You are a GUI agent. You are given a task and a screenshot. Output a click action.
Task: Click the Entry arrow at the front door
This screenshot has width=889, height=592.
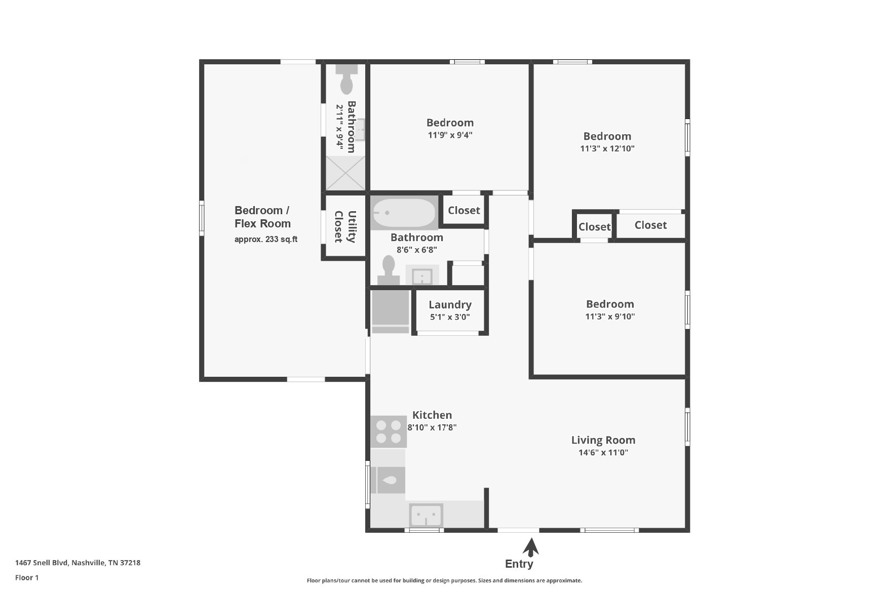(x=531, y=547)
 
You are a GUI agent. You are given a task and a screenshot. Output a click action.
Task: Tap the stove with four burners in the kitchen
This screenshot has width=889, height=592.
(x=389, y=431)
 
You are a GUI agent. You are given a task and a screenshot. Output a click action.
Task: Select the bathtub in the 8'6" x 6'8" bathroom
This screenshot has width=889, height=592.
(x=404, y=213)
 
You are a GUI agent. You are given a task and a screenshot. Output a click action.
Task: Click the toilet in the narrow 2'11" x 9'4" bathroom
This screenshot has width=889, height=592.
(x=346, y=79)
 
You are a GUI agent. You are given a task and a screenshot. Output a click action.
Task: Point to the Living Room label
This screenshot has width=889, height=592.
(x=603, y=440)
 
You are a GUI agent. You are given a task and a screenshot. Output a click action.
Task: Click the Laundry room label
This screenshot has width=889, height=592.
(x=450, y=304)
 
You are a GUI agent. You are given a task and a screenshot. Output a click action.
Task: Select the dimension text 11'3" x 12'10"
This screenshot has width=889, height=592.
(x=607, y=148)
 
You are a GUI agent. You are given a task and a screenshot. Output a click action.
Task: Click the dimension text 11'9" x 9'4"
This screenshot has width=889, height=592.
(x=450, y=135)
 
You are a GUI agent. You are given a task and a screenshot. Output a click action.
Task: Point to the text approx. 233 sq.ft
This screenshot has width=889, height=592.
(x=266, y=239)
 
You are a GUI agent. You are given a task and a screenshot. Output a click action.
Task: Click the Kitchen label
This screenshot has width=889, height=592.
(x=432, y=415)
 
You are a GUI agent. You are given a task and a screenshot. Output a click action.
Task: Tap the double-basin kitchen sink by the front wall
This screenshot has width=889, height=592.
(x=426, y=516)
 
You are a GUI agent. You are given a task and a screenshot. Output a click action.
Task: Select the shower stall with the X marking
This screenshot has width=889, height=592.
(x=345, y=173)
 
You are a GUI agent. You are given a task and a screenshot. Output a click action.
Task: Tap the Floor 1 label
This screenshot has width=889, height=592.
(x=27, y=577)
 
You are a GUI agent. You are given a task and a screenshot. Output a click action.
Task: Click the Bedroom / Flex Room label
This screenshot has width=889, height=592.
(x=262, y=217)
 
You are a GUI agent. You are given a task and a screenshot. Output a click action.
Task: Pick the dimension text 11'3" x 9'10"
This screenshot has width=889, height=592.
(x=610, y=317)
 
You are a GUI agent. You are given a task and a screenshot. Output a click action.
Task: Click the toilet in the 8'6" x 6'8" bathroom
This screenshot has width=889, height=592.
(x=389, y=270)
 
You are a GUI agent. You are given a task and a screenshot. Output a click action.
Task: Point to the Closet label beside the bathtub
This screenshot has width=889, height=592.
(x=464, y=210)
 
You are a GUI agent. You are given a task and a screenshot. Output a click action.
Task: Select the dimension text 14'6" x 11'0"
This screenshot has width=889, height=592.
(x=603, y=452)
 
